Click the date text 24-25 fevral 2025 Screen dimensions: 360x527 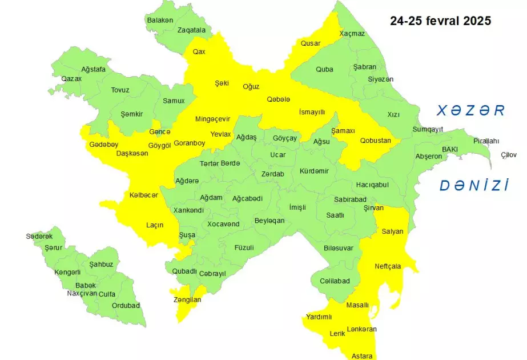[x=440, y=21]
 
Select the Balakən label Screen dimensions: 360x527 [x=160, y=20]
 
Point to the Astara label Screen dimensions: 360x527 [x=363, y=355]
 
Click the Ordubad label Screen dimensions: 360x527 [x=126, y=305]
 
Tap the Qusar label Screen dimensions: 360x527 [x=311, y=43]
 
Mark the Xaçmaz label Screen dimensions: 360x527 [x=352, y=33]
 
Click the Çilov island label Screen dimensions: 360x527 [x=509, y=155]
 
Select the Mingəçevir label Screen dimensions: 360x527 [x=212, y=119]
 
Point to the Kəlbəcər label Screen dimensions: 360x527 [x=143, y=195]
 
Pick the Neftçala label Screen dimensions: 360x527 [x=388, y=266]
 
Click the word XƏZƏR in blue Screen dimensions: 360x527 [x=471, y=111]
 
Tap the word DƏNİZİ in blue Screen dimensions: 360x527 [x=474, y=185]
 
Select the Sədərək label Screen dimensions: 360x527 [x=39, y=236]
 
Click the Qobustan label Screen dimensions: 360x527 [x=375, y=141]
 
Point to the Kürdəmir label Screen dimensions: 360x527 [x=314, y=171]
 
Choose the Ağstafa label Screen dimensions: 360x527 [x=93, y=69]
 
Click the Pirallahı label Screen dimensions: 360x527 [x=486, y=141]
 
